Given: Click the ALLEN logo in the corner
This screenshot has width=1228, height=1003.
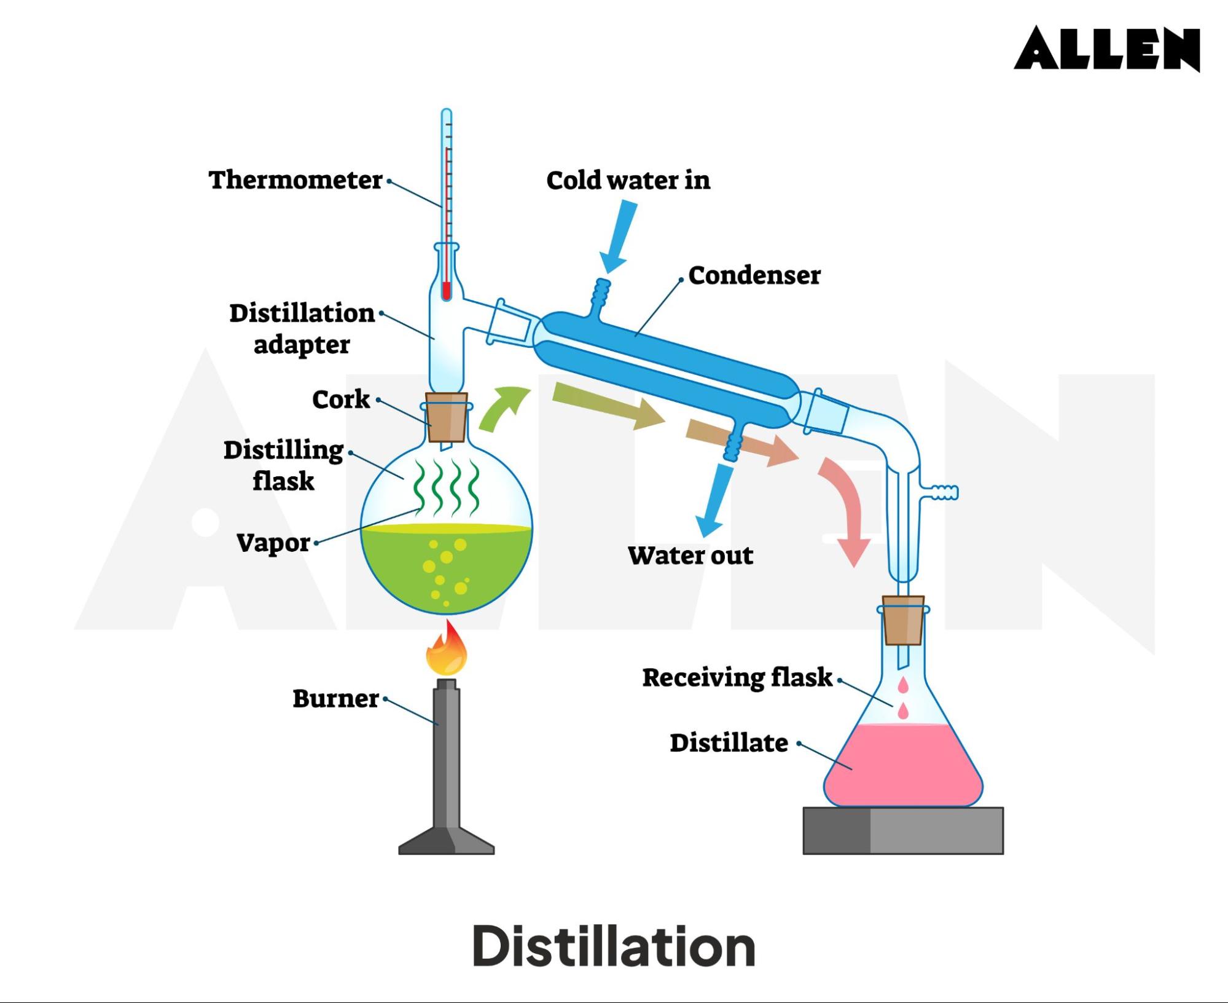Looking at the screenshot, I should pyautogui.click(x=1106, y=49).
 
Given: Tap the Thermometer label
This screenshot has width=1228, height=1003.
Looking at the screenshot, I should pyautogui.click(x=295, y=180).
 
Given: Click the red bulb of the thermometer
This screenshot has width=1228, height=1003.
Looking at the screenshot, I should pyautogui.click(x=447, y=290).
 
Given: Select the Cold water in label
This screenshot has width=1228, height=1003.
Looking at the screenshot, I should pyautogui.click(x=628, y=180).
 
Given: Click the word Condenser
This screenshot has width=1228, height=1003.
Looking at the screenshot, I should pyautogui.click(x=754, y=275).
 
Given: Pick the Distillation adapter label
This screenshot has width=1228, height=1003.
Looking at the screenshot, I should pyautogui.click(x=302, y=328).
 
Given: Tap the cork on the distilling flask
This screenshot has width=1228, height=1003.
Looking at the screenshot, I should pyautogui.click(x=447, y=417).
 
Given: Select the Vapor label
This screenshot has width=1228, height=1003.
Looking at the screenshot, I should pyautogui.click(x=273, y=542).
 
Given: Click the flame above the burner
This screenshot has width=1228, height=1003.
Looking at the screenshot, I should pyautogui.click(x=447, y=650).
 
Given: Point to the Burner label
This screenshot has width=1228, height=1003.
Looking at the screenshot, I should pyautogui.click(x=335, y=698).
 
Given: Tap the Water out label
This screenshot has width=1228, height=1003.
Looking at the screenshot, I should pyautogui.click(x=690, y=555).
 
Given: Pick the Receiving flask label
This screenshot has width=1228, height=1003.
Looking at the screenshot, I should pyautogui.click(x=737, y=677).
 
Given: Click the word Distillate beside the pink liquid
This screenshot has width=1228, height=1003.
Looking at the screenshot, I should pyautogui.click(x=729, y=742).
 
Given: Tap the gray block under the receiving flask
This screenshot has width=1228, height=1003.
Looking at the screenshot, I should pyautogui.click(x=902, y=830).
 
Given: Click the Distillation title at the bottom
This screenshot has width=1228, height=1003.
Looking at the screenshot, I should pyautogui.click(x=614, y=946).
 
